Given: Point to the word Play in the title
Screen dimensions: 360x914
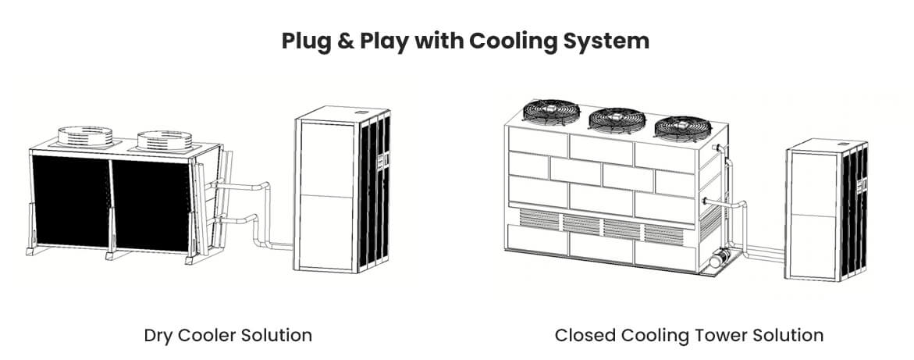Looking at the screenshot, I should click(x=387, y=41).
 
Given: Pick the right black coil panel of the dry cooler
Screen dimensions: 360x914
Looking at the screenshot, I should click(x=152, y=205).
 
